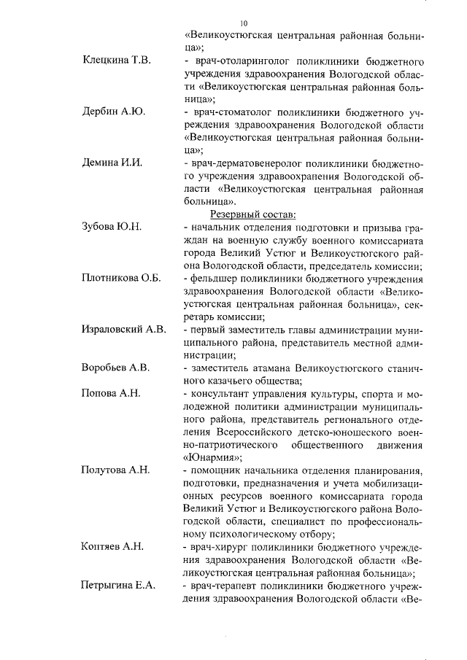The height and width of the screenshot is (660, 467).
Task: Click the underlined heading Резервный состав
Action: tap(253, 215)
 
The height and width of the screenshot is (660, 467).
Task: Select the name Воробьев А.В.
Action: tap(115, 368)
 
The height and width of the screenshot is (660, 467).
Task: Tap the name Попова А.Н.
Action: tap(111, 394)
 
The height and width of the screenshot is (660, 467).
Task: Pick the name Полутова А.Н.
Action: tap(115, 470)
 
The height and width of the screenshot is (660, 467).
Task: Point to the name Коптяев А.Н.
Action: tap(113, 547)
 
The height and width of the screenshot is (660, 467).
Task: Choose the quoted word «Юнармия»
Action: tap(212, 458)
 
